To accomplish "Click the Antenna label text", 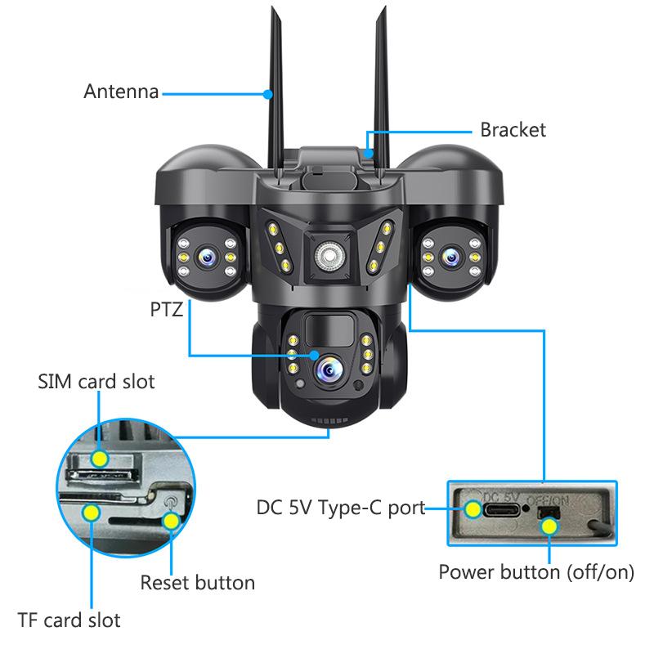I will (x=121, y=91).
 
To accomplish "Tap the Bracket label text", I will (x=513, y=130).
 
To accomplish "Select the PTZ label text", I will (x=165, y=310).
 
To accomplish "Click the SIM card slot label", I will (x=96, y=382).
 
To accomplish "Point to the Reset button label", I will (x=197, y=583).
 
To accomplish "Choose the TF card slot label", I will (x=69, y=620).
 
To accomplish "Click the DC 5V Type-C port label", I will (x=341, y=508).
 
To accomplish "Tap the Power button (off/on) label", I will (x=536, y=571).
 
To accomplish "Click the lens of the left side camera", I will (x=206, y=257).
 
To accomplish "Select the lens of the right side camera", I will (x=449, y=257).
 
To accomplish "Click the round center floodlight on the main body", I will (x=327, y=255).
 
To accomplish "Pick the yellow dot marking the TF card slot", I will (x=92, y=513).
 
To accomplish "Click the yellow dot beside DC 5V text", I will (x=473, y=508).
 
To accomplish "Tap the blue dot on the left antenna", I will (x=267, y=94).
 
